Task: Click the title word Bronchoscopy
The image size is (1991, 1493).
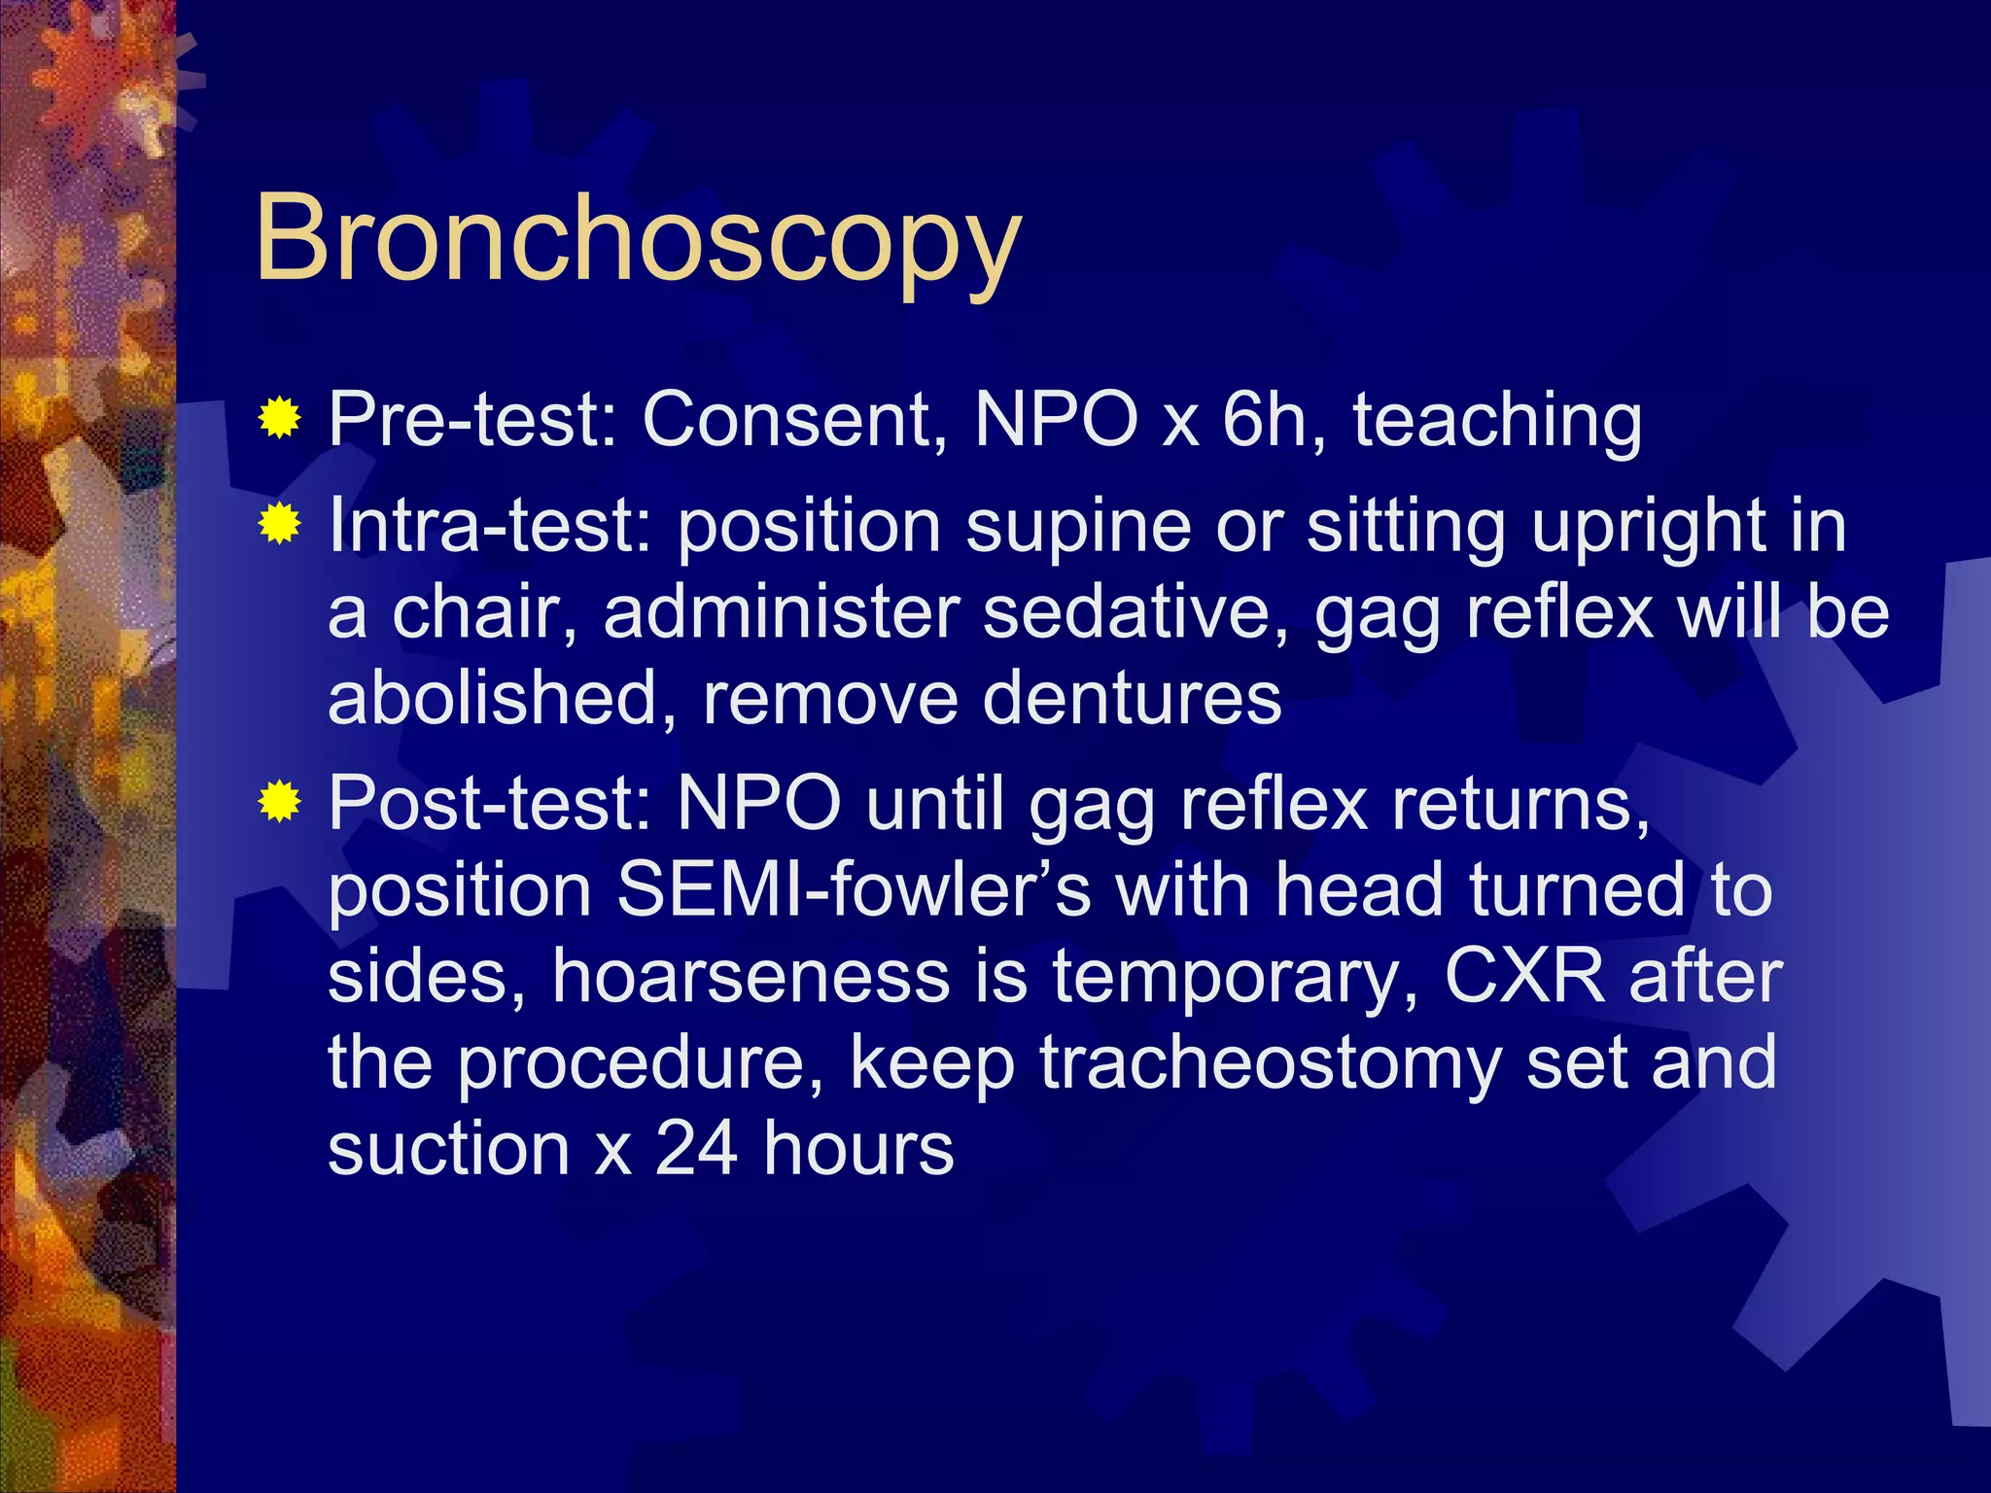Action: [x=638, y=239]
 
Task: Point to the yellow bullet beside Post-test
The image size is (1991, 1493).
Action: [x=279, y=803]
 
